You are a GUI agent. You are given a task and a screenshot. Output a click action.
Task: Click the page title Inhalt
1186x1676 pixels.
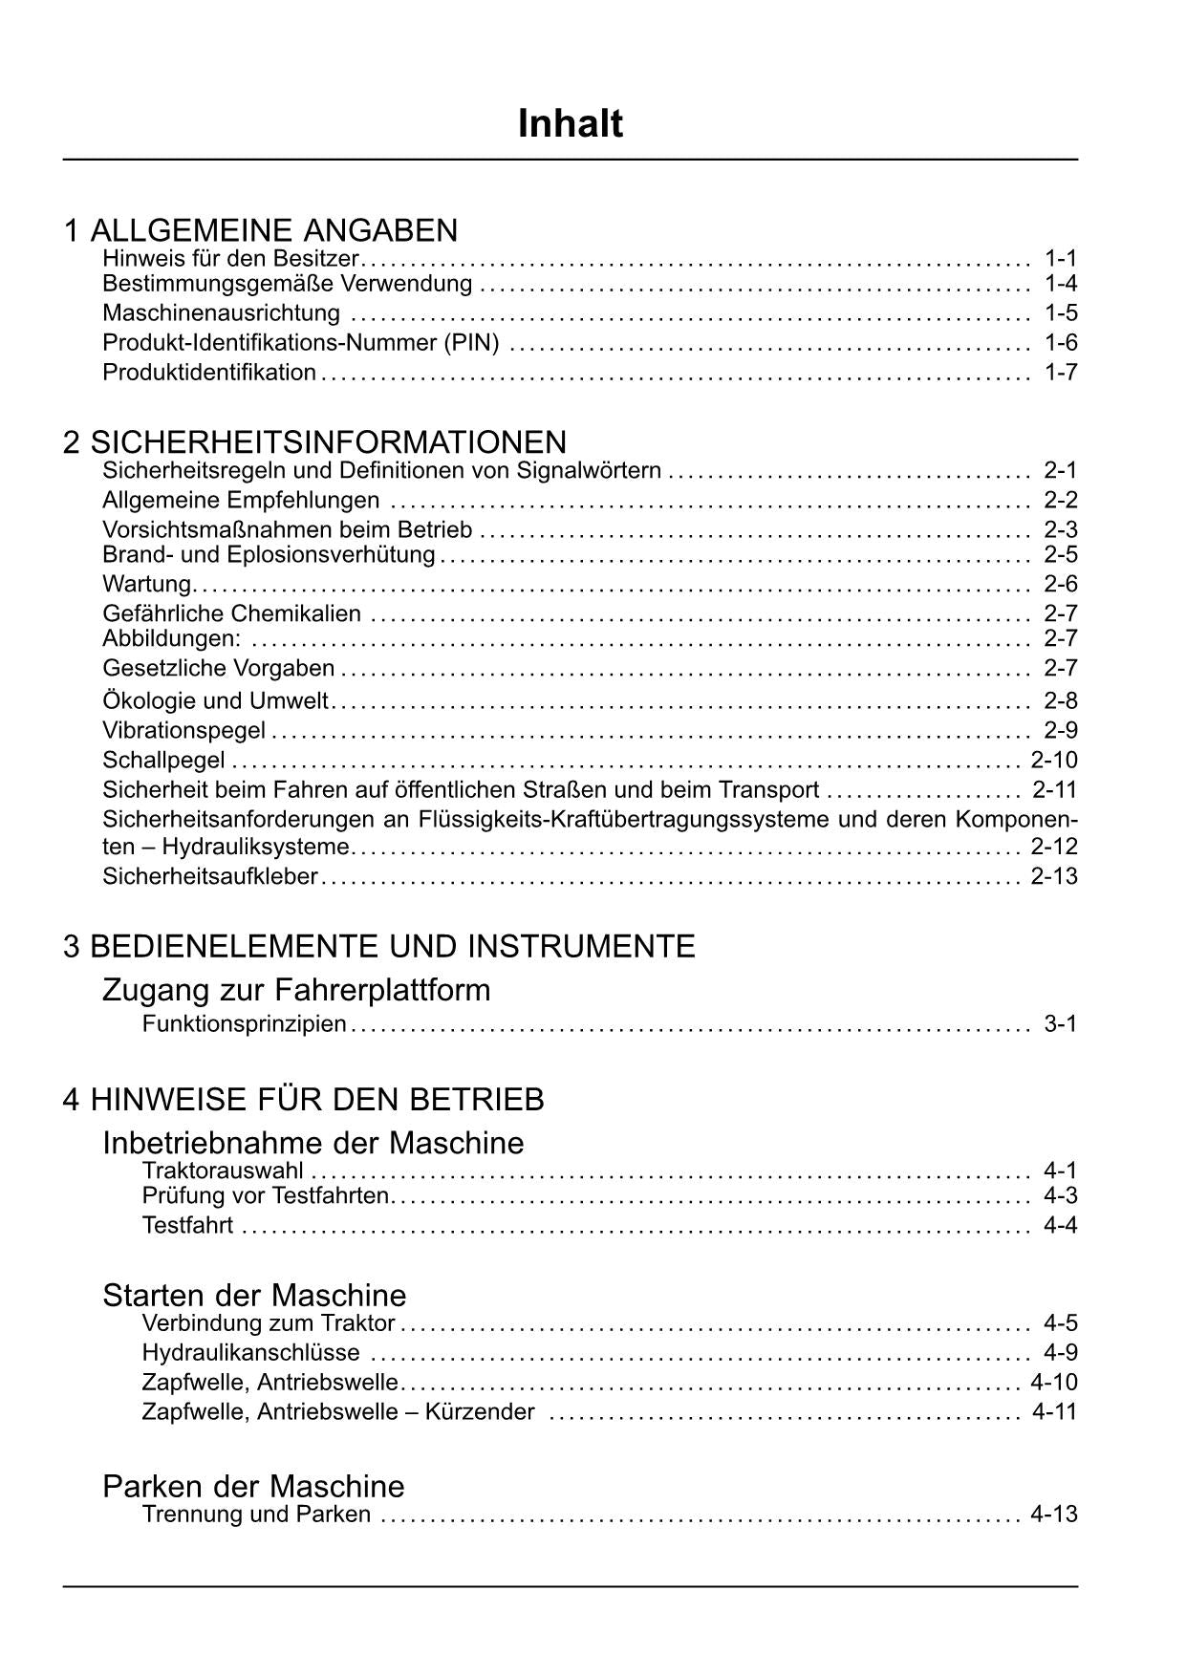click(571, 124)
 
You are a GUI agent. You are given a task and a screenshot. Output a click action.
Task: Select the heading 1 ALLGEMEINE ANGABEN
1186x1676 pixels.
click(260, 230)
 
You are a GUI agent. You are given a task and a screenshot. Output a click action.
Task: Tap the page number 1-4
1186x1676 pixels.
click(1061, 284)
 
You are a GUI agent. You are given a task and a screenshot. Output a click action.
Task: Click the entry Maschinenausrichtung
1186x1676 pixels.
click(221, 313)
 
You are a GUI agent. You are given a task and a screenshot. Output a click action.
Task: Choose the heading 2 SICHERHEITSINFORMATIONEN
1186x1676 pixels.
click(314, 442)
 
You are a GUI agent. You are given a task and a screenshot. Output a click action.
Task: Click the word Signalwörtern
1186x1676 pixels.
click(589, 470)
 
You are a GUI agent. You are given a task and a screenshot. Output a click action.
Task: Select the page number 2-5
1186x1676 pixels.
click(1061, 555)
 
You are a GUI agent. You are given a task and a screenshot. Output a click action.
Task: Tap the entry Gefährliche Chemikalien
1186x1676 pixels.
click(231, 613)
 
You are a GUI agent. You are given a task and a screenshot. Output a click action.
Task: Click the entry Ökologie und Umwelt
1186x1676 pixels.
click(215, 701)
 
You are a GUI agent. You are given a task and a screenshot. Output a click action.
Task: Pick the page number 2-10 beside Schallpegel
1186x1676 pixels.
click(1054, 761)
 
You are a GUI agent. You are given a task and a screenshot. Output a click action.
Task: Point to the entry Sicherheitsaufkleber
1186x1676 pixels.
click(209, 876)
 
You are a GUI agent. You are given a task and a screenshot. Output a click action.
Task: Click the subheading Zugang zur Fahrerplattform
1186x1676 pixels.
click(296, 990)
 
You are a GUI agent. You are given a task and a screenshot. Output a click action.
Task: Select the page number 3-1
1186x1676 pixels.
click(1061, 1024)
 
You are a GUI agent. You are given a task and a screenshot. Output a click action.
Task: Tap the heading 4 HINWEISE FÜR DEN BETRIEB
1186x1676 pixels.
click(303, 1100)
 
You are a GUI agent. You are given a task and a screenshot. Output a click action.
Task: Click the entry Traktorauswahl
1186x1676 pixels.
click(223, 1171)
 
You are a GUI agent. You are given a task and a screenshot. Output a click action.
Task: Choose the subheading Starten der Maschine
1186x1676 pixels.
click(254, 1296)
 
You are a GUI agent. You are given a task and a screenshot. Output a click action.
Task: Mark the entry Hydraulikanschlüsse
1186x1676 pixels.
click(250, 1353)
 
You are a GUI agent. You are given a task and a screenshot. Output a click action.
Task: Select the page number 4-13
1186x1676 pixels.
click(1054, 1515)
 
